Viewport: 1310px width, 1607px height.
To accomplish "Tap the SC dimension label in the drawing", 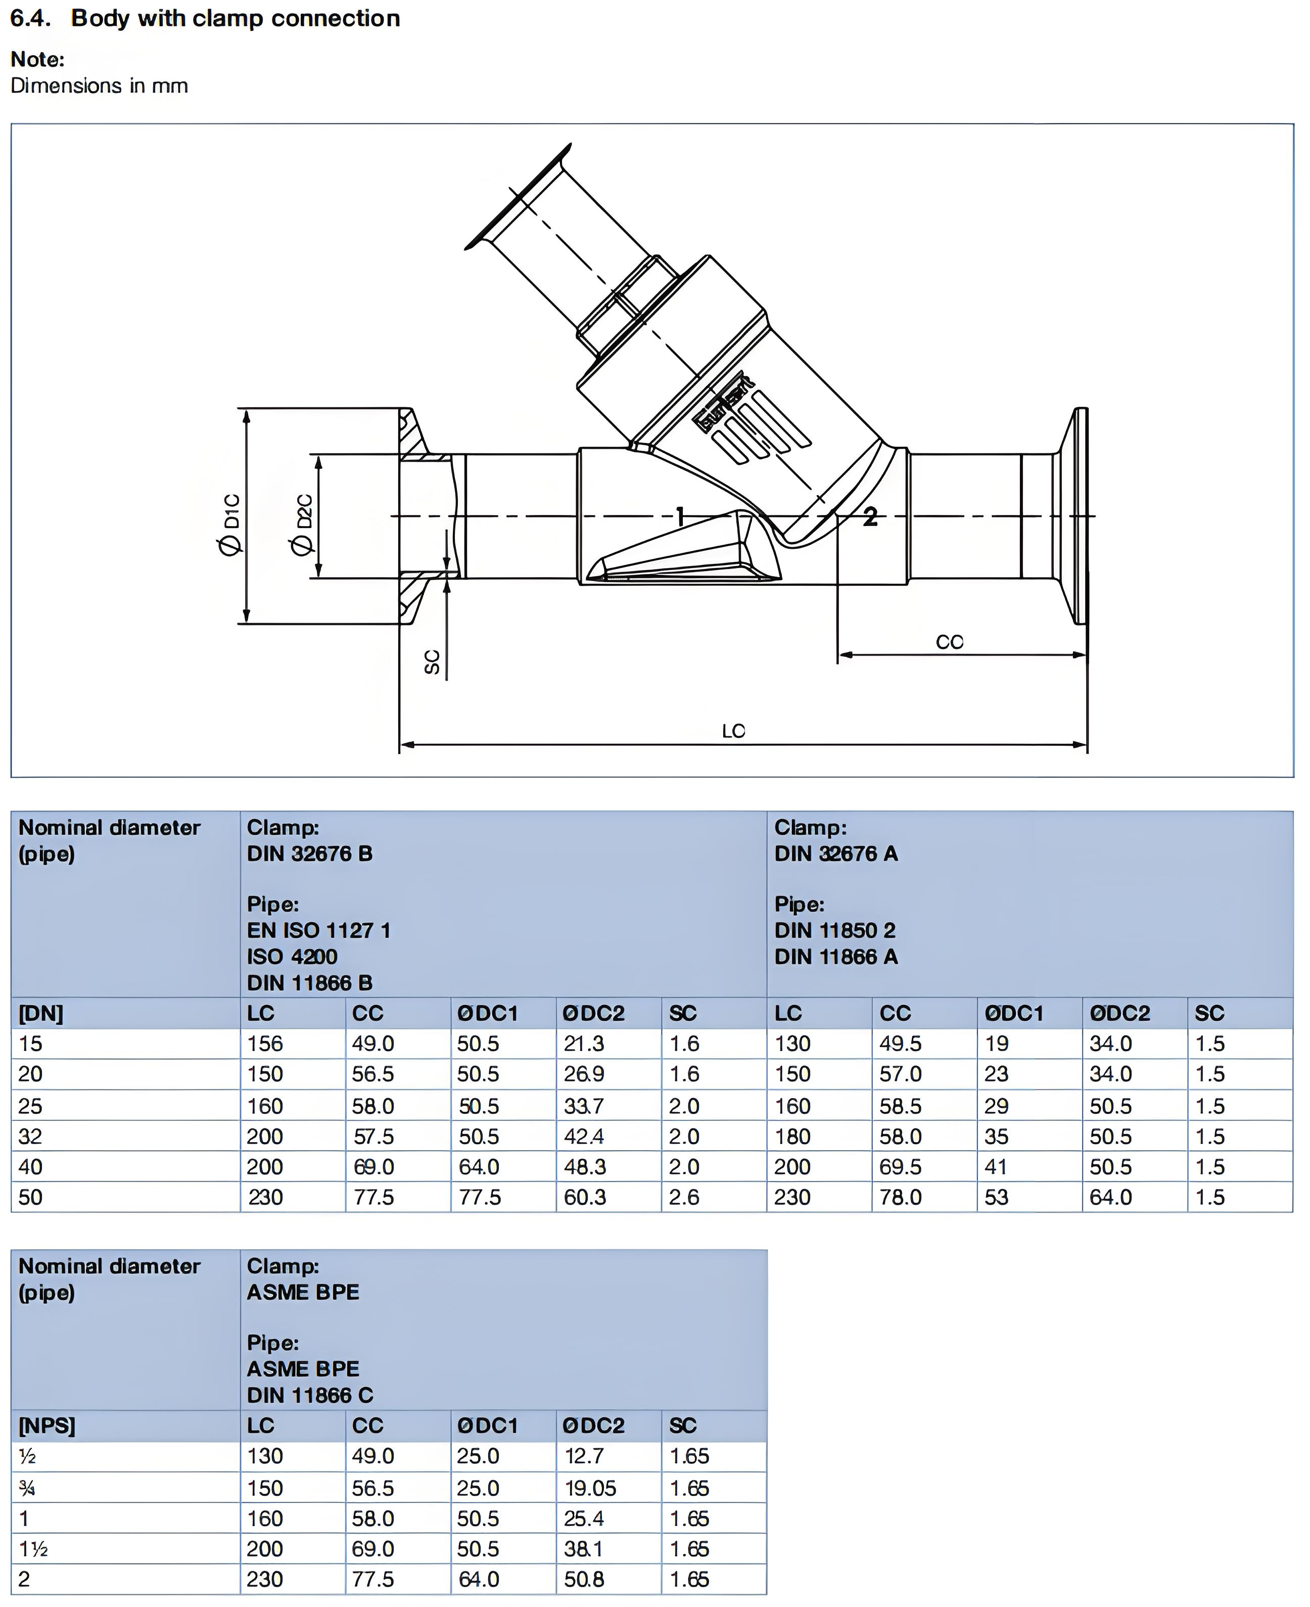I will [x=432, y=661].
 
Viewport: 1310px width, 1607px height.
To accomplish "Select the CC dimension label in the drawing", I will [x=949, y=642].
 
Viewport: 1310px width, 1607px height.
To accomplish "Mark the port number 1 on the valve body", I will [x=680, y=517].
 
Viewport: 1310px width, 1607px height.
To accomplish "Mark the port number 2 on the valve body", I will [x=870, y=517].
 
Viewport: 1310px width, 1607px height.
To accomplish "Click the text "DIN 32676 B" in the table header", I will [x=309, y=854].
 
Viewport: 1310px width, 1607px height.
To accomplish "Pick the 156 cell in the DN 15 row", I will [x=265, y=1044].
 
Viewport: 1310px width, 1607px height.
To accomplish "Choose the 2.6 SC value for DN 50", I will [x=684, y=1197].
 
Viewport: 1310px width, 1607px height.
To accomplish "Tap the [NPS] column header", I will [x=47, y=1426].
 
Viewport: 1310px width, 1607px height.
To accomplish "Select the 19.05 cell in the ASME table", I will [x=590, y=1488].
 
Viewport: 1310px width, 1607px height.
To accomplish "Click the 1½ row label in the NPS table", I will [x=33, y=1549].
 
